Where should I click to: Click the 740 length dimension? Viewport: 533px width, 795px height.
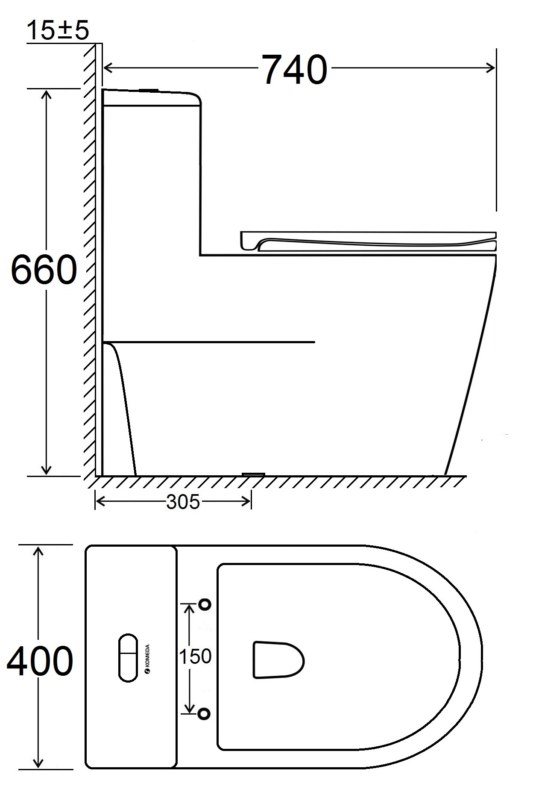tap(295, 69)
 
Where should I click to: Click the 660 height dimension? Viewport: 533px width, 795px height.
tap(44, 270)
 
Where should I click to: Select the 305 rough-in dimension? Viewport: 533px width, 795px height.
tap(183, 502)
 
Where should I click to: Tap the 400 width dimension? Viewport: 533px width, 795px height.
tap(40, 662)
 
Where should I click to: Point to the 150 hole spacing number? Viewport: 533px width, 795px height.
tap(195, 657)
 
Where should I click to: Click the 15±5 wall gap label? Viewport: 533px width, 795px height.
tap(58, 30)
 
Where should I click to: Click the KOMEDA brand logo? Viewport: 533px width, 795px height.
tap(148, 659)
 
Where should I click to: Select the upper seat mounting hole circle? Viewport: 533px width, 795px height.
tap(205, 604)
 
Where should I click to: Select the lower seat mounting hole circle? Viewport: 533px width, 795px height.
tap(205, 713)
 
